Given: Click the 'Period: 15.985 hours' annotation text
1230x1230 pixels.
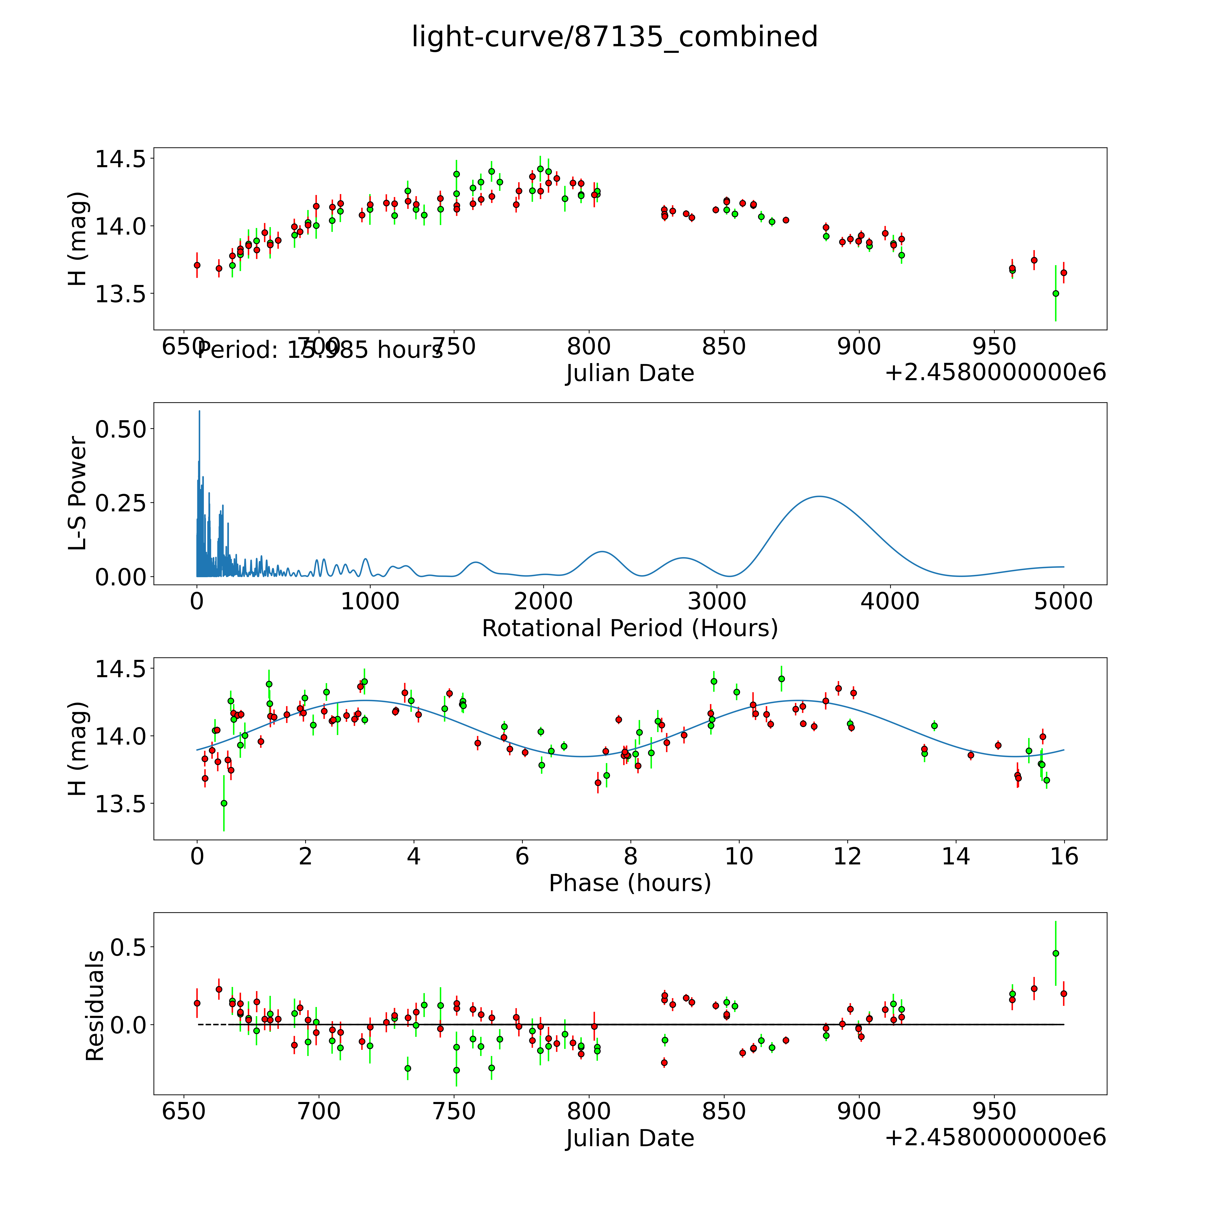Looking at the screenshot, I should pyautogui.click(x=320, y=349).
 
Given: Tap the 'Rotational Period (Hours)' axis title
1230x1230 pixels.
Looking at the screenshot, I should pyautogui.click(x=630, y=628).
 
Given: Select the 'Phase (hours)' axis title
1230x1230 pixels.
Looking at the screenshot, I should pyautogui.click(x=630, y=883).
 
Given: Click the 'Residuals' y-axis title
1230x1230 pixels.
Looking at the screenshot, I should pyautogui.click(x=94, y=1006).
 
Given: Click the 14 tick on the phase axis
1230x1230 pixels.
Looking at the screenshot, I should pyautogui.click(x=956, y=856).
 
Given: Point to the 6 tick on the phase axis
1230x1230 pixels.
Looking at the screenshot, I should pyautogui.click(x=522, y=856).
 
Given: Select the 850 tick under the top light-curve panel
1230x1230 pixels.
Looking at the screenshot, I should pyautogui.click(x=724, y=347).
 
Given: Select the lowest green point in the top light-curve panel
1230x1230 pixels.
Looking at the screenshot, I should pyautogui.click(x=1056, y=294).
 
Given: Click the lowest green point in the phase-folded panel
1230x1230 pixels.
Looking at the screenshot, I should pyautogui.click(x=223, y=803).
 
